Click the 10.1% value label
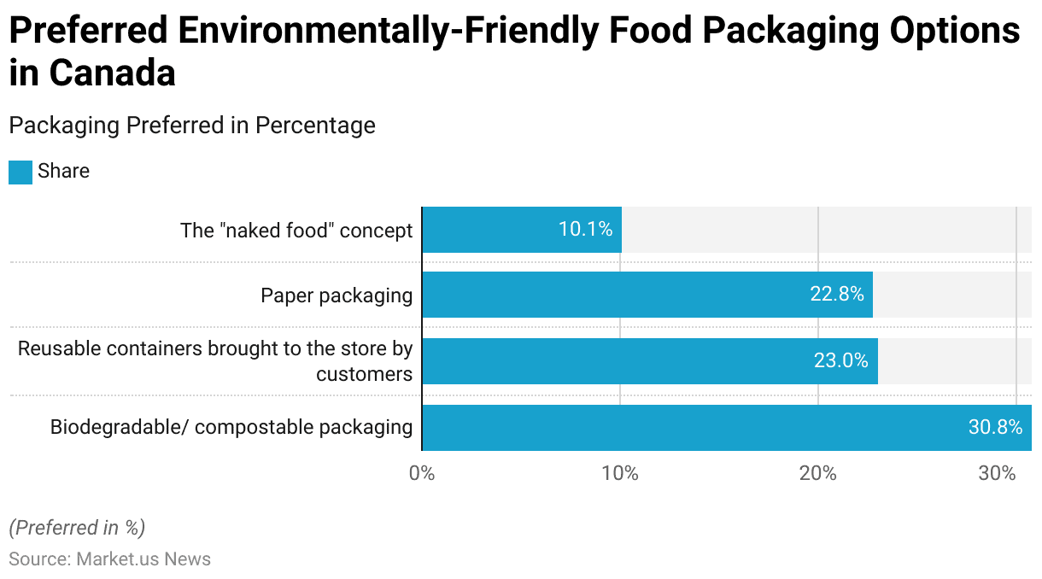pyautogui.click(x=585, y=230)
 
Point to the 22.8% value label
pyautogui.click(x=836, y=295)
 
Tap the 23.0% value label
pyautogui.click(x=840, y=361)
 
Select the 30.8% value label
pyautogui.click(x=995, y=427)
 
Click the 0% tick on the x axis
pyautogui.click(x=422, y=473)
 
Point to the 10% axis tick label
pyautogui.click(x=620, y=473)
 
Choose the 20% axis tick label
pyautogui.click(x=818, y=473)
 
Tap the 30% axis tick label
pyautogui.click(x=997, y=473)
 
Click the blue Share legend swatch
pyautogui.click(x=20, y=172)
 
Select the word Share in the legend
pyautogui.click(x=63, y=172)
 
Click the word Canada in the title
pyautogui.click(x=112, y=73)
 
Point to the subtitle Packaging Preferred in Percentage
pyautogui.click(x=192, y=126)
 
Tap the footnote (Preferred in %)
pyautogui.click(x=77, y=528)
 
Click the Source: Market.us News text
pyautogui.click(x=109, y=559)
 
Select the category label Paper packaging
pyautogui.click(x=337, y=295)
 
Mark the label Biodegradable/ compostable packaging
pyautogui.click(x=231, y=427)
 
